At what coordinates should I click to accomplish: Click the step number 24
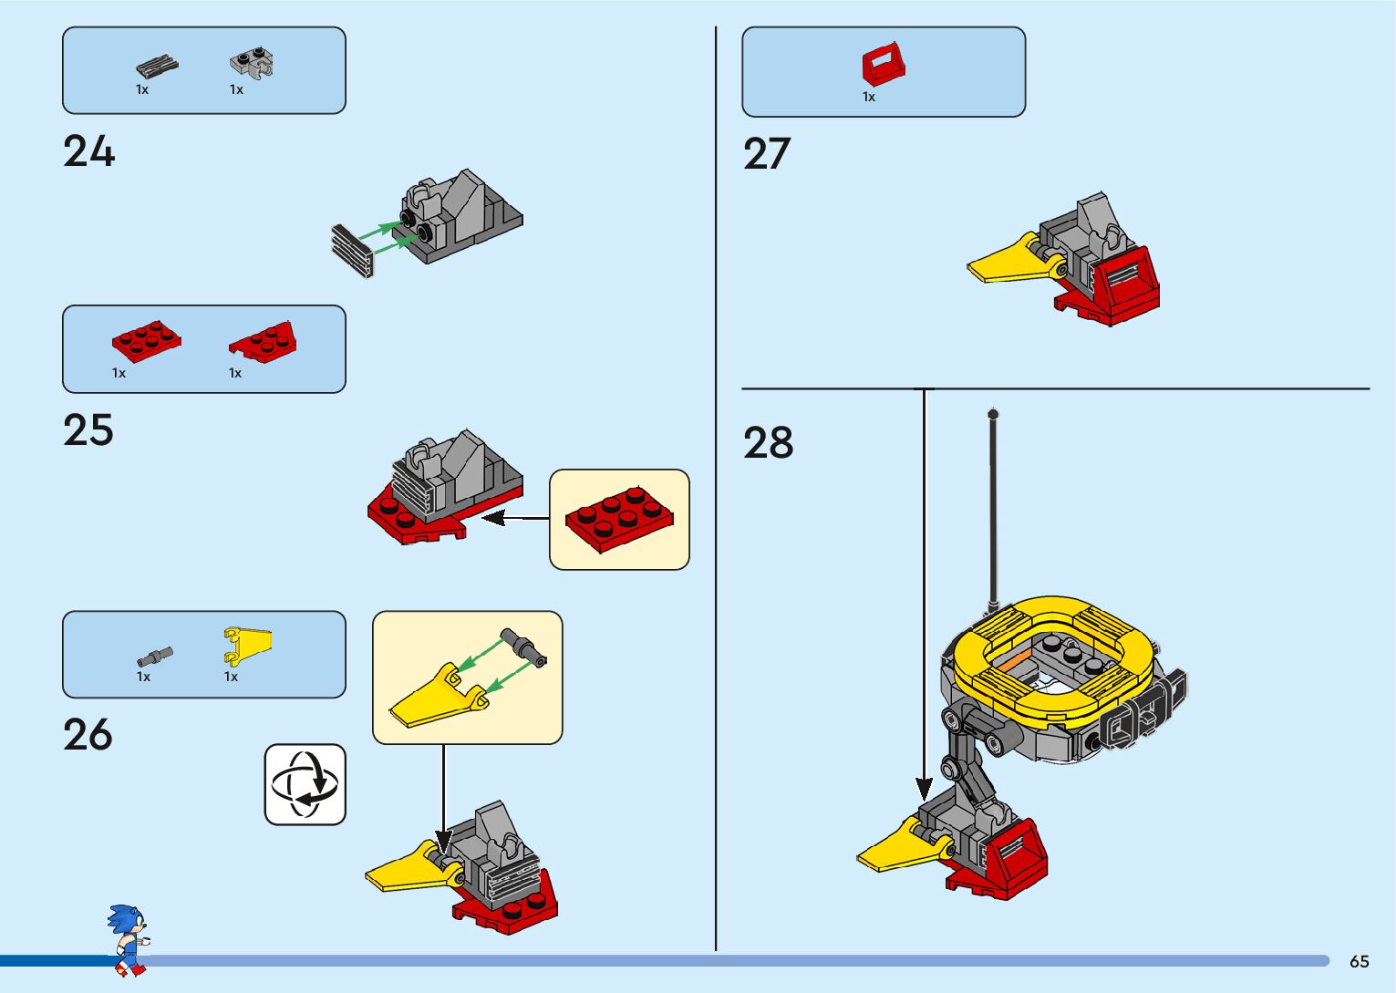pyautogui.click(x=89, y=151)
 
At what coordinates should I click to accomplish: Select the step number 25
pyautogui.click(x=88, y=430)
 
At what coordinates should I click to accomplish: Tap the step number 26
pyautogui.click(x=88, y=735)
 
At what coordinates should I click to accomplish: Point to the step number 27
pyautogui.click(x=767, y=154)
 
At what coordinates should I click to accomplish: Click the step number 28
pyautogui.click(x=769, y=443)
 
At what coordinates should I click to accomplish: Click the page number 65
pyautogui.click(x=1359, y=961)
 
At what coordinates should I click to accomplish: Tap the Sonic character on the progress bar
pyautogui.click(x=128, y=939)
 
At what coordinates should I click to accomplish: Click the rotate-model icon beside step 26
pyautogui.click(x=305, y=784)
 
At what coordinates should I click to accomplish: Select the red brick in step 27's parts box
pyautogui.click(x=884, y=65)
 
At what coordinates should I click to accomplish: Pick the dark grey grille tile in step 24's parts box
pyautogui.click(x=157, y=67)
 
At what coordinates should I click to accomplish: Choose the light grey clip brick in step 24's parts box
pyautogui.click(x=252, y=62)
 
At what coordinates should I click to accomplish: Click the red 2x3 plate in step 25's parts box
pyautogui.click(x=146, y=340)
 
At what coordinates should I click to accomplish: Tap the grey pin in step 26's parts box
pyautogui.click(x=155, y=656)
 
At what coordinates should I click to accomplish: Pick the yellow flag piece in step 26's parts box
pyautogui.click(x=246, y=644)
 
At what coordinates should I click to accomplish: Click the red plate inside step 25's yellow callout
pyautogui.click(x=619, y=519)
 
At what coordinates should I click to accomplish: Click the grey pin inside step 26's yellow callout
pyautogui.click(x=524, y=646)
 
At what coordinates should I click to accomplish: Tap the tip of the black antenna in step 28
pyautogui.click(x=993, y=415)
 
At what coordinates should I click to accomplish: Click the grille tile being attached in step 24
pyautogui.click(x=353, y=251)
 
